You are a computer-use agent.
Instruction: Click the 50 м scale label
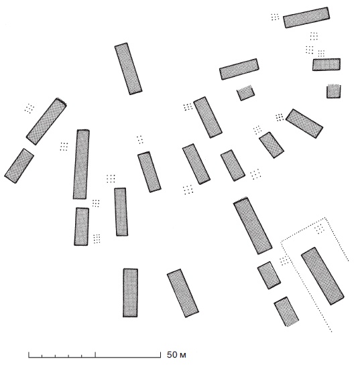click(x=176, y=355)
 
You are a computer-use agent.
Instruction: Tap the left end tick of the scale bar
click(x=29, y=355)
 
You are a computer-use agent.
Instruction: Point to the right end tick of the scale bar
click(x=160, y=355)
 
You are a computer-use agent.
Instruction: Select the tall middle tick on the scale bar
click(x=95, y=355)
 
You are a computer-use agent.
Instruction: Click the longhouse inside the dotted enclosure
click(x=322, y=276)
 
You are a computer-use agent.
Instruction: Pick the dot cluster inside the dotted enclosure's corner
click(x=319, y=228)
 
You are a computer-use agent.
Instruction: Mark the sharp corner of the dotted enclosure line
click(x=325, y=218)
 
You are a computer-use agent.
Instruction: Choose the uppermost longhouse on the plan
click(x=306, y=17)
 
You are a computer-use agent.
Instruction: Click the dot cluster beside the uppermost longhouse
click(x=275, y=17)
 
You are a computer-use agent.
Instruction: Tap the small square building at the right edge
click(x=334, y=91)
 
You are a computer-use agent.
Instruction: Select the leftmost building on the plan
click(x=19, y=165)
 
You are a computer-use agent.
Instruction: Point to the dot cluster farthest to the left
click(x=29, y=108)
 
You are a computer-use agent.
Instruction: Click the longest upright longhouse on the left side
click(x=81, y=164)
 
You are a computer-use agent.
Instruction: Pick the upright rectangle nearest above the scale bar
click(x=130, y=293)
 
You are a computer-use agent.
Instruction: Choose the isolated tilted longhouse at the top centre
click(x=128, y=69)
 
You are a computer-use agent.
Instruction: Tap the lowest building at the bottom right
click(x=286, y=312)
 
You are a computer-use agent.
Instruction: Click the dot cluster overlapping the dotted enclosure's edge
click(x=284, y=261)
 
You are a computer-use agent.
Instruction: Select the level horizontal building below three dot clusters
click(x=326, y=64)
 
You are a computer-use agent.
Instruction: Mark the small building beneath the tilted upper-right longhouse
click(x=245, y=93)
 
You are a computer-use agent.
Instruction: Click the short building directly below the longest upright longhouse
click(x=82, y=226)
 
